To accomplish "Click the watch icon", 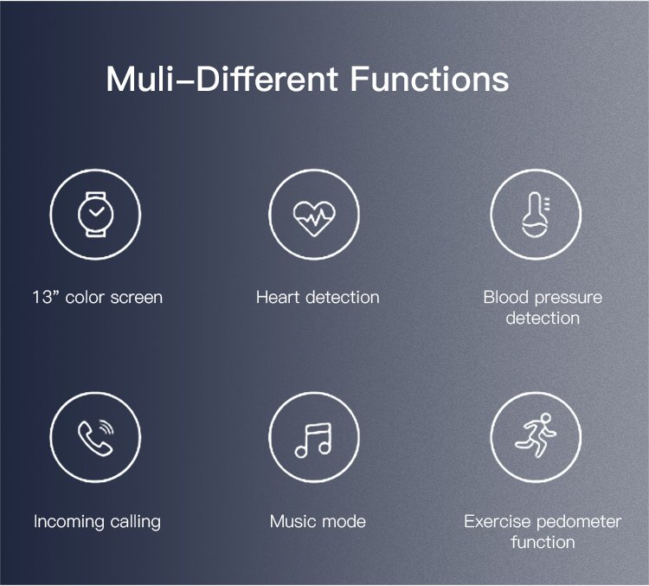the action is point(95,215).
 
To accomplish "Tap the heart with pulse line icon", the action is point(314,218).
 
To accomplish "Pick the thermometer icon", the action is point(535,215).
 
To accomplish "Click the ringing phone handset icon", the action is point(95,438).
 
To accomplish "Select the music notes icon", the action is point(313,440).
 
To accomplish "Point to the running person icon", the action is point(535,435).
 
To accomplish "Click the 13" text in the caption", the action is point(46,297).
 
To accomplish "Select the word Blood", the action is point(506,297).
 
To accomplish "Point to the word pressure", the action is point(568,299).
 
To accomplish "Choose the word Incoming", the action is point(66,522).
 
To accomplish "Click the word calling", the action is point(132,522).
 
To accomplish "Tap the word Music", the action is point(290,521).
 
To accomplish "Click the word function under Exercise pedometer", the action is point(543,542).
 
